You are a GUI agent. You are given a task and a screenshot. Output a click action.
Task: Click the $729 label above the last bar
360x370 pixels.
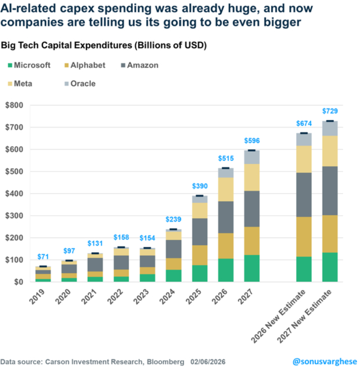pyautogui.click(x=330, y=111)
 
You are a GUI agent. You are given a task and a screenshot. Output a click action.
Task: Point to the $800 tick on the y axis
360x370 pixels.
pyautogui.click(x=14, y=106)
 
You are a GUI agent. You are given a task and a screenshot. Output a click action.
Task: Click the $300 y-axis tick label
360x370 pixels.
pyautogui.click(x=14, y=216)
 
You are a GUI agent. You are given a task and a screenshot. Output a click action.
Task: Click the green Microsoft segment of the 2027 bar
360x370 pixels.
pyautogui.click(x=251, y=268)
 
